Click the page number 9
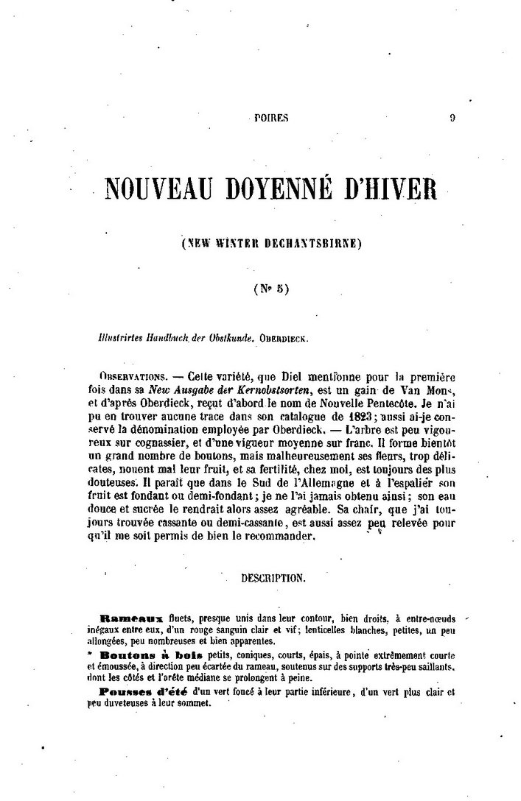(x=452, y=116)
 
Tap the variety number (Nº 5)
(x=272, y=289)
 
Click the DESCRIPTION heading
(x=272, y=579)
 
